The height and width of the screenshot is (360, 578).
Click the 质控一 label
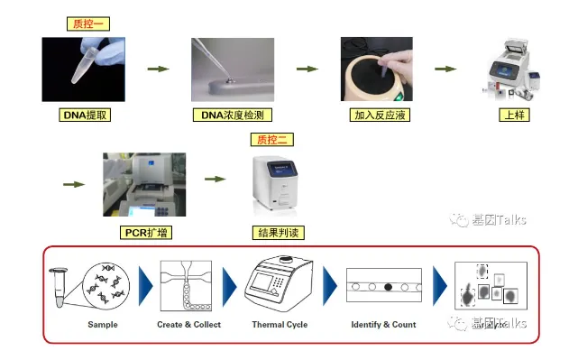click(88, 24)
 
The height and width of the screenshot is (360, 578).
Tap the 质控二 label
click(272, 140)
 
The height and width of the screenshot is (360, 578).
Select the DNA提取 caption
click(85, 115)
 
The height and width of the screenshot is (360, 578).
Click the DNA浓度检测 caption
click(233, 115)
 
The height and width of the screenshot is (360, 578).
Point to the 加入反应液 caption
click(380, 115)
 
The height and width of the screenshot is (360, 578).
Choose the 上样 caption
click(514, 115)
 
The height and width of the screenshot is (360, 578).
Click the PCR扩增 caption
click(146, 233)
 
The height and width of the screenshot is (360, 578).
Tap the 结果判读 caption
click(279, 233)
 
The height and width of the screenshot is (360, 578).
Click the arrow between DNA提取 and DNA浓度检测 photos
click(159, 69)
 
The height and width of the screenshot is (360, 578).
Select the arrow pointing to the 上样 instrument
click(445, 69)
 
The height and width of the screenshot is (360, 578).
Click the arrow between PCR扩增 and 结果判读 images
click(216, 179)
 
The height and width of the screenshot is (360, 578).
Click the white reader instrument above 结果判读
click(275, 183)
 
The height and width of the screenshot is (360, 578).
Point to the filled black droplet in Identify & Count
click(388, 287)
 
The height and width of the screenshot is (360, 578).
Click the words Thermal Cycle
click(280, 325)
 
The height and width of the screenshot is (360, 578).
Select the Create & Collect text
click(188, 325)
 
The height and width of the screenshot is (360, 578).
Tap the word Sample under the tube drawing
click(103, 325)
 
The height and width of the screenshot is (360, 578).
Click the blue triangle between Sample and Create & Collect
click(145, 286)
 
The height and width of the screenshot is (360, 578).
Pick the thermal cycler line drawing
click(279, 282)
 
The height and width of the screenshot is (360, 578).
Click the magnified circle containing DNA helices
click(106, 286)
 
